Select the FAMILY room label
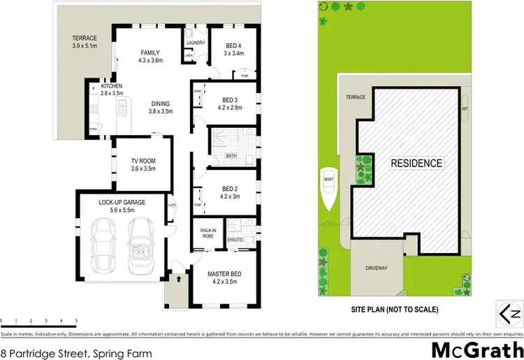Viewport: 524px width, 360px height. tap(150, 52)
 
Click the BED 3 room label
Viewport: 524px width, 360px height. tap(230, 100)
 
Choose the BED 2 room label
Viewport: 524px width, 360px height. tap(230, 188)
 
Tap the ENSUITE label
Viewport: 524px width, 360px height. tap(235, 240)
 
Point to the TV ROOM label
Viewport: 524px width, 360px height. tap(143, 161)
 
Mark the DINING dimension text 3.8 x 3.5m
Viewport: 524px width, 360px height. tap(160, 111)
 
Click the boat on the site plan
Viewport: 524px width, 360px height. tap(328, 190)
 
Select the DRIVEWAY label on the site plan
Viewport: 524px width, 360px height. tap(376, 268)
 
